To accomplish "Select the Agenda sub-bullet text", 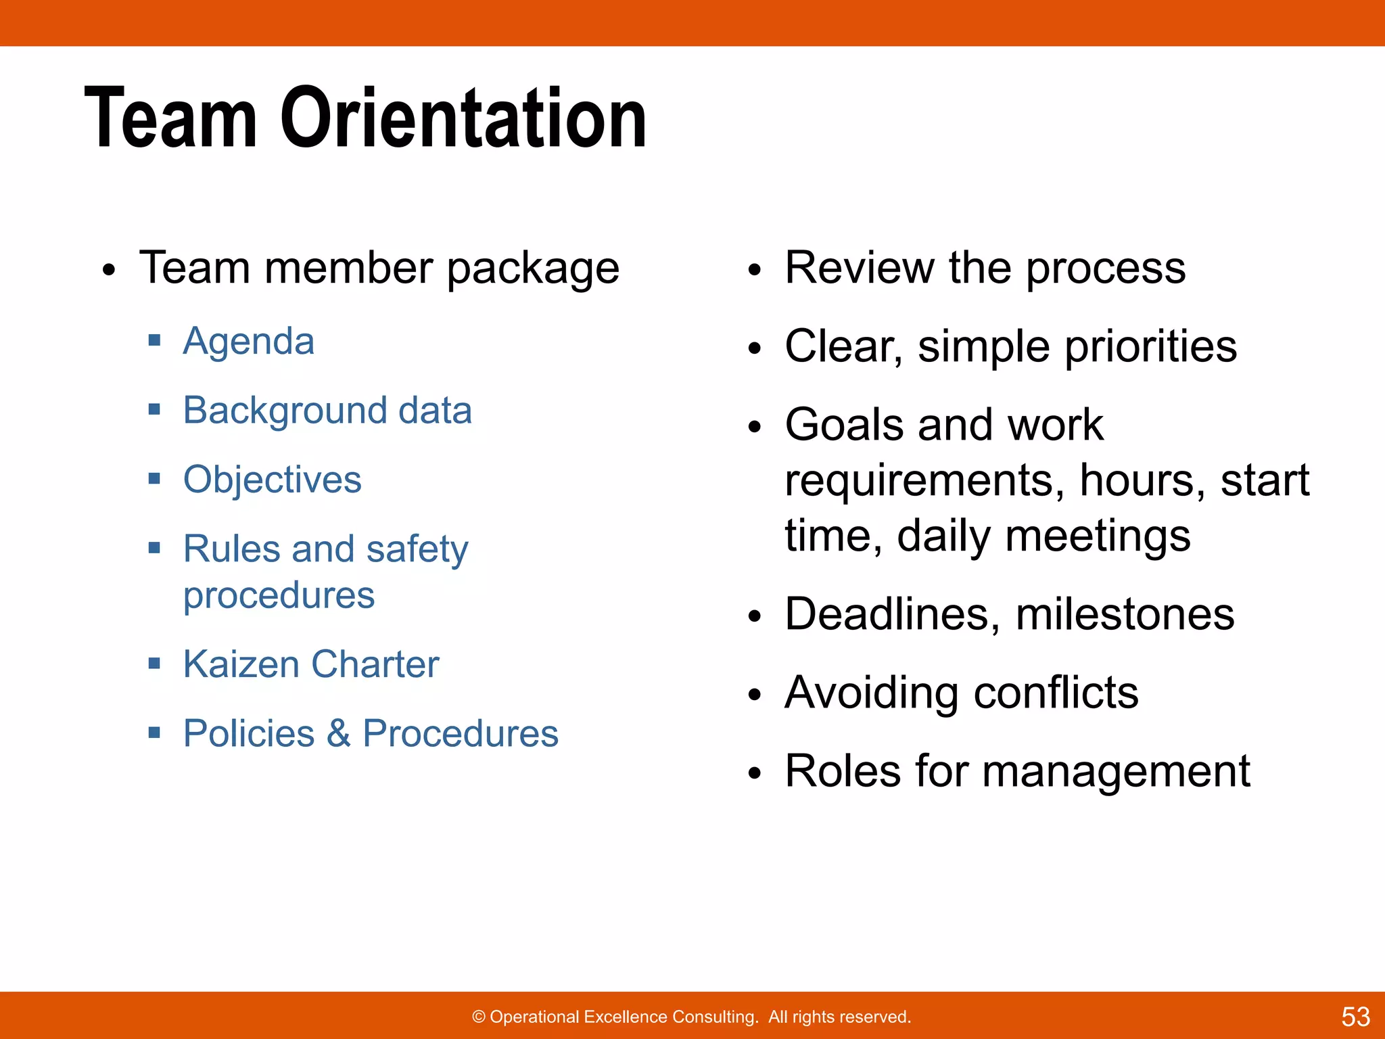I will pos(249,341).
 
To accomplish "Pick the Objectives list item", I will pos(273,480).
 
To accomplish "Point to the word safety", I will pos(417,549).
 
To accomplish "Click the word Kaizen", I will pos(241,664).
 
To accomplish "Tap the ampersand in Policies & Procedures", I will pos(338,733).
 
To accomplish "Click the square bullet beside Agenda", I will pos(155,340).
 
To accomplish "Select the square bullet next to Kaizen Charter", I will pos(155,663).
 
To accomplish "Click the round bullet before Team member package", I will pos(109,271).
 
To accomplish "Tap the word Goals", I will pos(845,425).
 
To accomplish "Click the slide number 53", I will pos(1355,1017).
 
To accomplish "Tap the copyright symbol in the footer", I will pos(479,1017).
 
